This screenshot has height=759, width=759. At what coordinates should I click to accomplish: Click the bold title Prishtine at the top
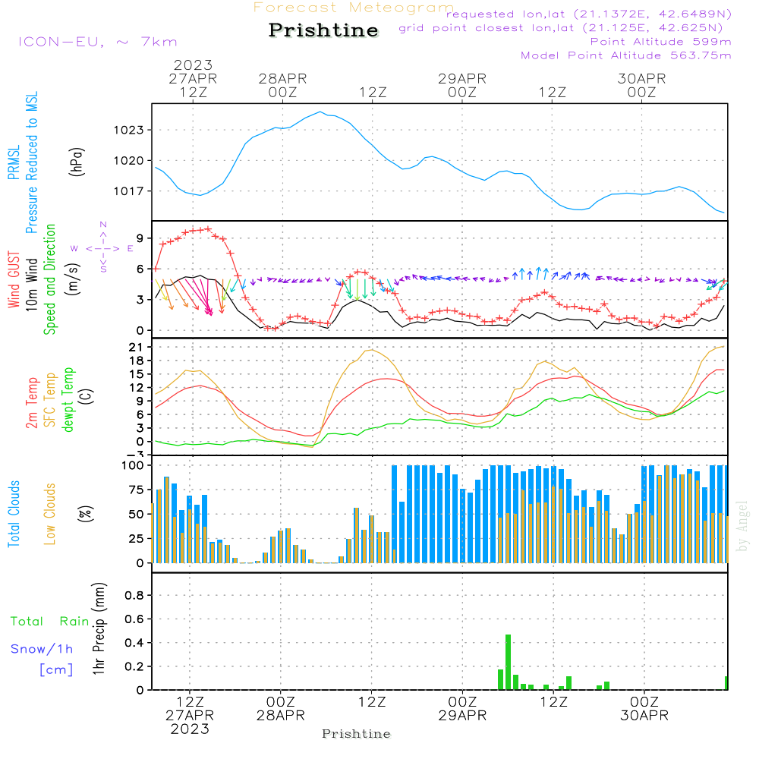click(323, 30)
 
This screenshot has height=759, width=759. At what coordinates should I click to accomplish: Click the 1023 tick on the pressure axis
click(128, 131)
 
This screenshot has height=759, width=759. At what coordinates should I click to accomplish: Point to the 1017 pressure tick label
click(128, 191)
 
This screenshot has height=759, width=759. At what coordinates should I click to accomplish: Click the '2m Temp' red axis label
click(33, 403)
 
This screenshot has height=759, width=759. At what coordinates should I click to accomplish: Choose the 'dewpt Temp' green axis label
click(69, 400)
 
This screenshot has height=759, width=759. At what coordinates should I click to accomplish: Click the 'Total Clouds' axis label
click(14, 514)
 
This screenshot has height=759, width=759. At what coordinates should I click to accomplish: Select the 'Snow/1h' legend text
click(42, 650)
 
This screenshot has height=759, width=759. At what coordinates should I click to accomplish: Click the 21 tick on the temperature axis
click(136, 348)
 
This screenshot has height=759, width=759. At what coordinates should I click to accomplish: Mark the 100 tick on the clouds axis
click(133, 465)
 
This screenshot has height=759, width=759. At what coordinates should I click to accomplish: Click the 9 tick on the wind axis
click(139, 238)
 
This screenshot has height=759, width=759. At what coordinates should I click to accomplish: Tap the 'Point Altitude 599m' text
click(660, 42)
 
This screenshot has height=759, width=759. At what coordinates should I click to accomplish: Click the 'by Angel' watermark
click(742, 526)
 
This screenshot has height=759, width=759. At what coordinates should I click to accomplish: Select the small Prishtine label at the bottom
click(356, 734)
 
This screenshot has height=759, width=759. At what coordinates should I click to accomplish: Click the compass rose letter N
click(103, 225)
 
